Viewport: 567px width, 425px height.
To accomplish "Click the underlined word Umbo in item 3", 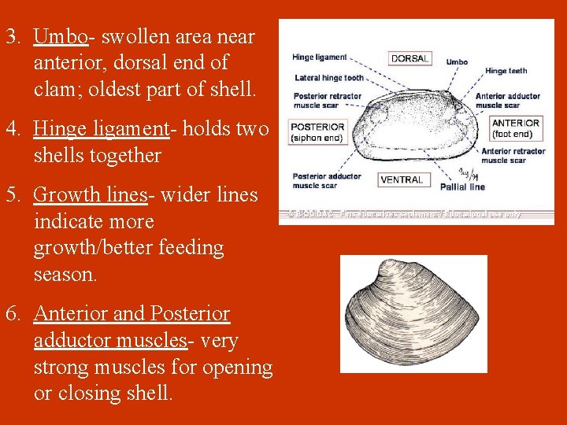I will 60,36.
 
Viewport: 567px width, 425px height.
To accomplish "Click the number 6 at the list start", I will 12,314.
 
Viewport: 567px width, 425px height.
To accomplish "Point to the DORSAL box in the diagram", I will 409,58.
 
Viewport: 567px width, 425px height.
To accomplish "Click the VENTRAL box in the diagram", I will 402,179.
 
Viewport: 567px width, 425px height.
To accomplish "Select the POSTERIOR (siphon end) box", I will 317,131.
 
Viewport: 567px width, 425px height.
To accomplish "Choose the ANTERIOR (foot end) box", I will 516,128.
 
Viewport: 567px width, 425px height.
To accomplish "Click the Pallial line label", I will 464,187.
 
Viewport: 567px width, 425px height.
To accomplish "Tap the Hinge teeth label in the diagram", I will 506,71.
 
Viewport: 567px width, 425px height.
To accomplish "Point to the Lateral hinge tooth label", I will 329,78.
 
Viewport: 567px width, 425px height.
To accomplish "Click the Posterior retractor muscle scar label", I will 327,100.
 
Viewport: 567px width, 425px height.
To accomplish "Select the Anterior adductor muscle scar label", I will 508,100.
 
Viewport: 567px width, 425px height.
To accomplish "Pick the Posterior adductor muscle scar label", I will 327,181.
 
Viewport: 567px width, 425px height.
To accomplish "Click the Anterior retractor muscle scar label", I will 513,155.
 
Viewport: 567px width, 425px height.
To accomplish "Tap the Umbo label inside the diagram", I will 457,61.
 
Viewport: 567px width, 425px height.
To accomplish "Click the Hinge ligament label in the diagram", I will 319,57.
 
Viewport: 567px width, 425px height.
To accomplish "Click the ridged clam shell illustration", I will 413,313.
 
